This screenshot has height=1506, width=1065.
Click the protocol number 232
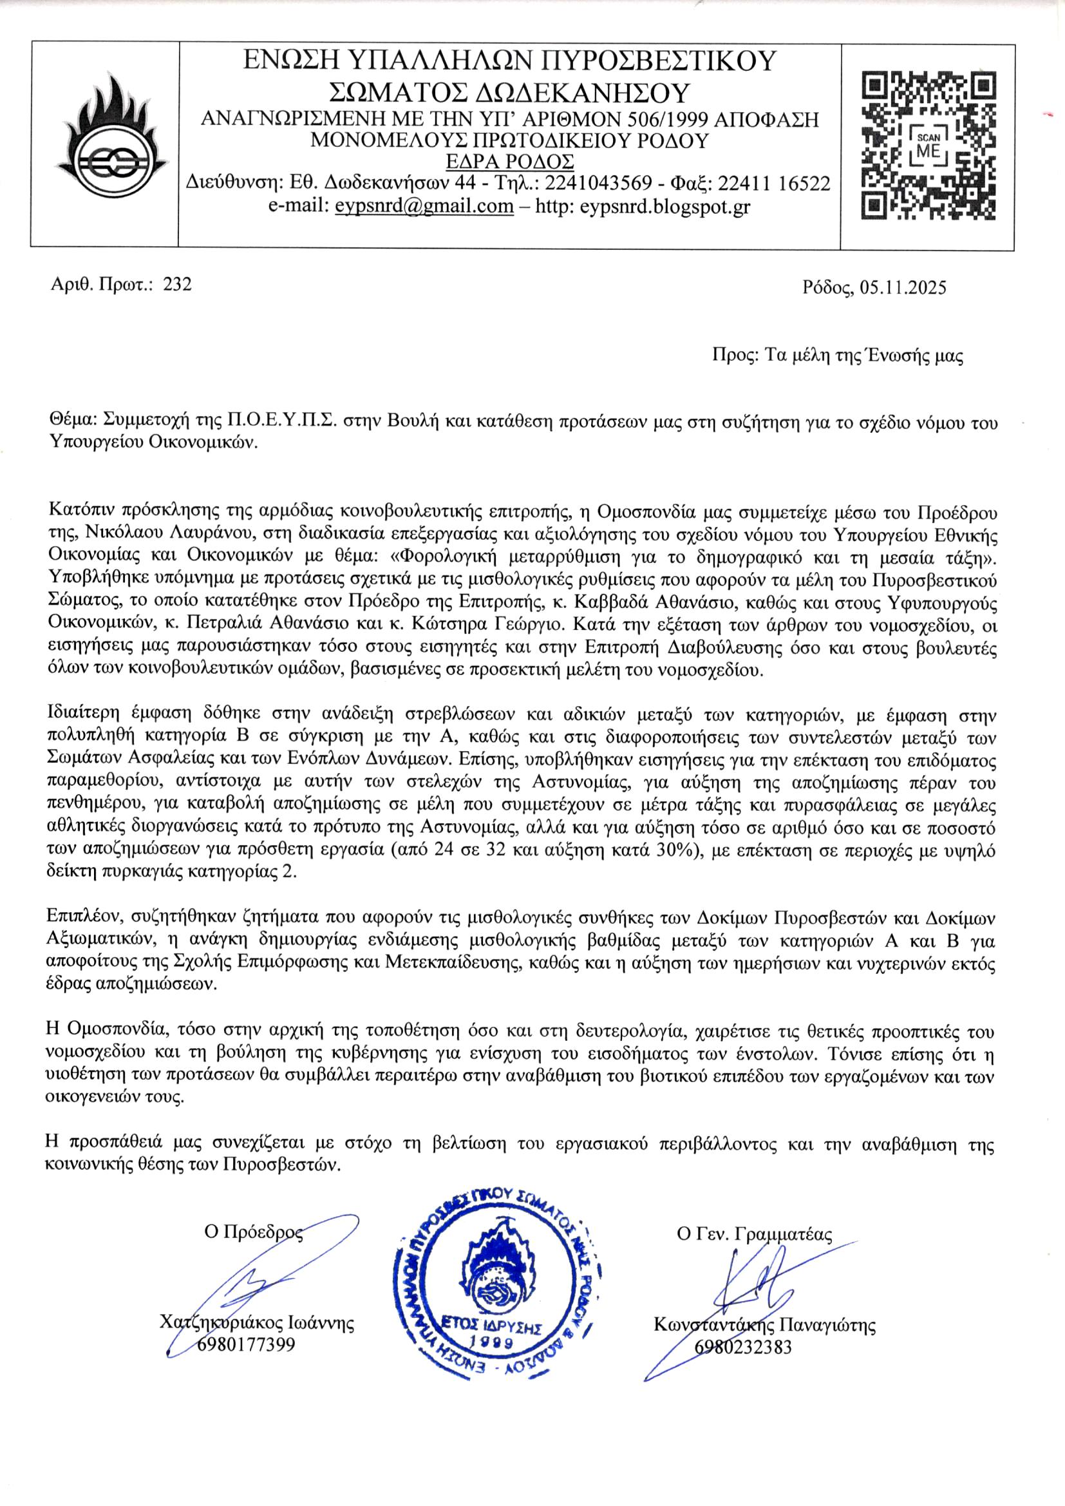(177, 284)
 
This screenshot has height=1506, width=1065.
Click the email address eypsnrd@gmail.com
(424, 206)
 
